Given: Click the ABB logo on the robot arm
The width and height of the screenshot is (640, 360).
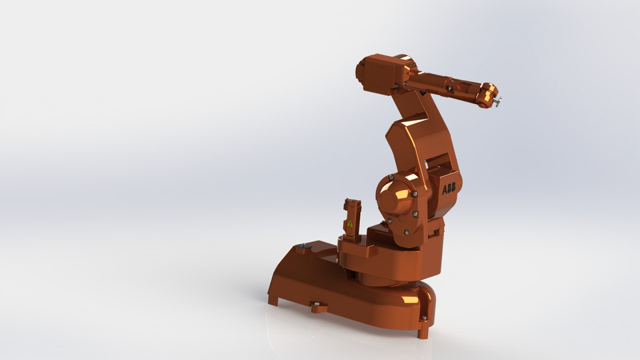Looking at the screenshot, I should click(x=449, y=189).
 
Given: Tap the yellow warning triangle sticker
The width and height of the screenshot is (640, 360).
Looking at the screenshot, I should click(x=350, y=224).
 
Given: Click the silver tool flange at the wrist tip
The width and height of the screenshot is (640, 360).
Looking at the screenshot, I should click(x=497, y=101).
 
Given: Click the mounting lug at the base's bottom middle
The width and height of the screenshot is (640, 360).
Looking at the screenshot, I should click(x=319, y=307).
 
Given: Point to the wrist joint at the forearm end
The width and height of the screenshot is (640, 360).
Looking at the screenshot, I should click(x=486, y=95).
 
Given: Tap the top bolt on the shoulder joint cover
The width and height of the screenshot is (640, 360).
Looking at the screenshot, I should click(x=390, y=177).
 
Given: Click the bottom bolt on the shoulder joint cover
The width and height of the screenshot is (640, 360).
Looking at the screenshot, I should click(x=405, y=232).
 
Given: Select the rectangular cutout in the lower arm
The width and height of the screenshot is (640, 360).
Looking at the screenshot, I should click(x=438, y=162).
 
